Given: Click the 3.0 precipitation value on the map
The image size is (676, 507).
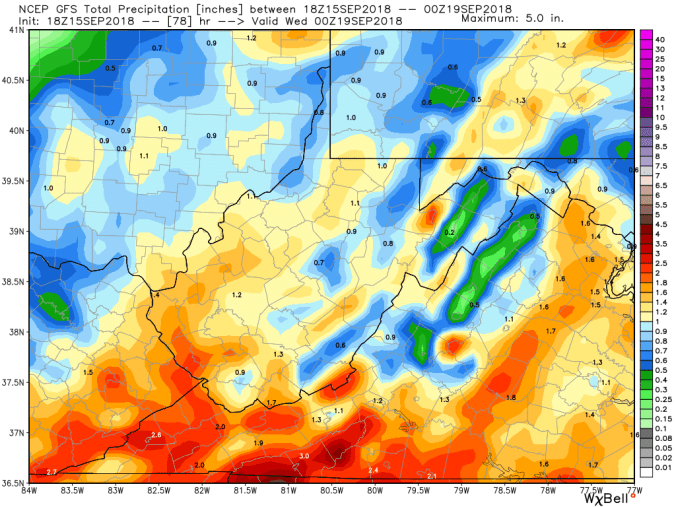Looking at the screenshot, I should (305, 455).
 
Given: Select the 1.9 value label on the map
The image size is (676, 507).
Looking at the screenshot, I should (258, 442).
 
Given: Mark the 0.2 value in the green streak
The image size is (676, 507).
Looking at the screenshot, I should (450, 232).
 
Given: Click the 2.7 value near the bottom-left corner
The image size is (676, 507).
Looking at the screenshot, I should (51, 470).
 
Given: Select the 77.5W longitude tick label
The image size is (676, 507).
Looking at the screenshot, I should (592, 489).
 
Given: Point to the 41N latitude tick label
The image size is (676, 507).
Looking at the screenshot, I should (16, 30).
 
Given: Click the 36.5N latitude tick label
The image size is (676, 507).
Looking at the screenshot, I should (13, 484).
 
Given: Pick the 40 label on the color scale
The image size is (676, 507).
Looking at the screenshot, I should (660, 39).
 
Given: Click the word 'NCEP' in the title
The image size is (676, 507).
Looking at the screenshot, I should (46, 8).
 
